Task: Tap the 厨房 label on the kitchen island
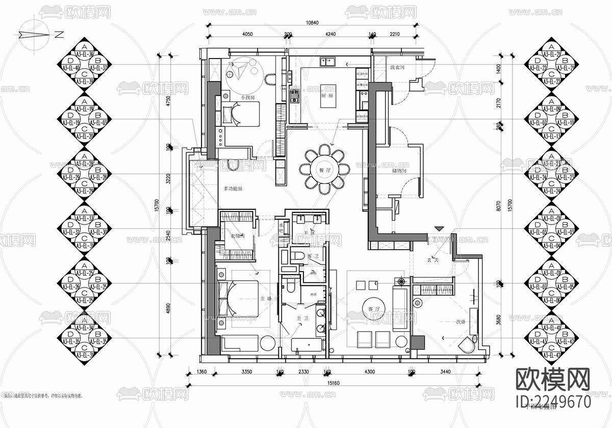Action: tap(327, 96)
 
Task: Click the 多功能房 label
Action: tap(233, 189)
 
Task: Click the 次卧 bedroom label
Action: tap(462, 322)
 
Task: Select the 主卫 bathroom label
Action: tap(303, 318)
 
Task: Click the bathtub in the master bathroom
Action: tap(308, 346)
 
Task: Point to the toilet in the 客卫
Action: tap(299, 255)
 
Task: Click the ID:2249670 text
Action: tap(553, 402)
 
